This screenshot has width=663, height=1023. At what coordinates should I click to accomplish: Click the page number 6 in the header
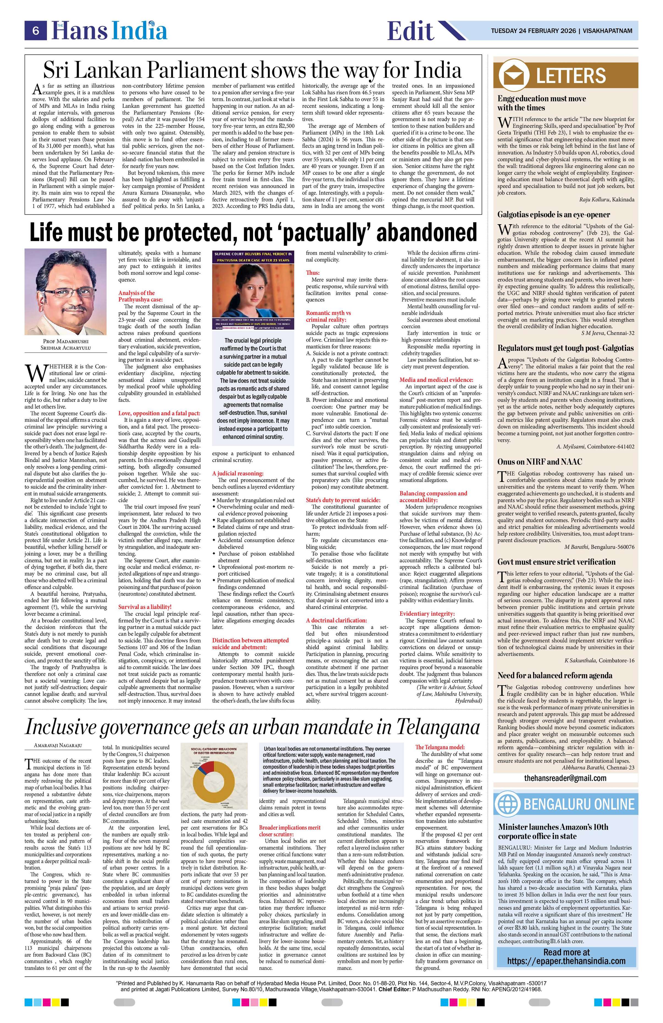(36, 31)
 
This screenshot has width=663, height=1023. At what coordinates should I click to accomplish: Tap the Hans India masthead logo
(110, 31)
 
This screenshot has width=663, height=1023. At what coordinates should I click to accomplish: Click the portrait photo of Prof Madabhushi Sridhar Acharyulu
(65, 292)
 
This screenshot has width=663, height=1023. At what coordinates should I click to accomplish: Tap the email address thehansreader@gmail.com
(565, 778)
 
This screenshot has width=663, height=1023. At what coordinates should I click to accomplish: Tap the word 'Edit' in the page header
(410, 31)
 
